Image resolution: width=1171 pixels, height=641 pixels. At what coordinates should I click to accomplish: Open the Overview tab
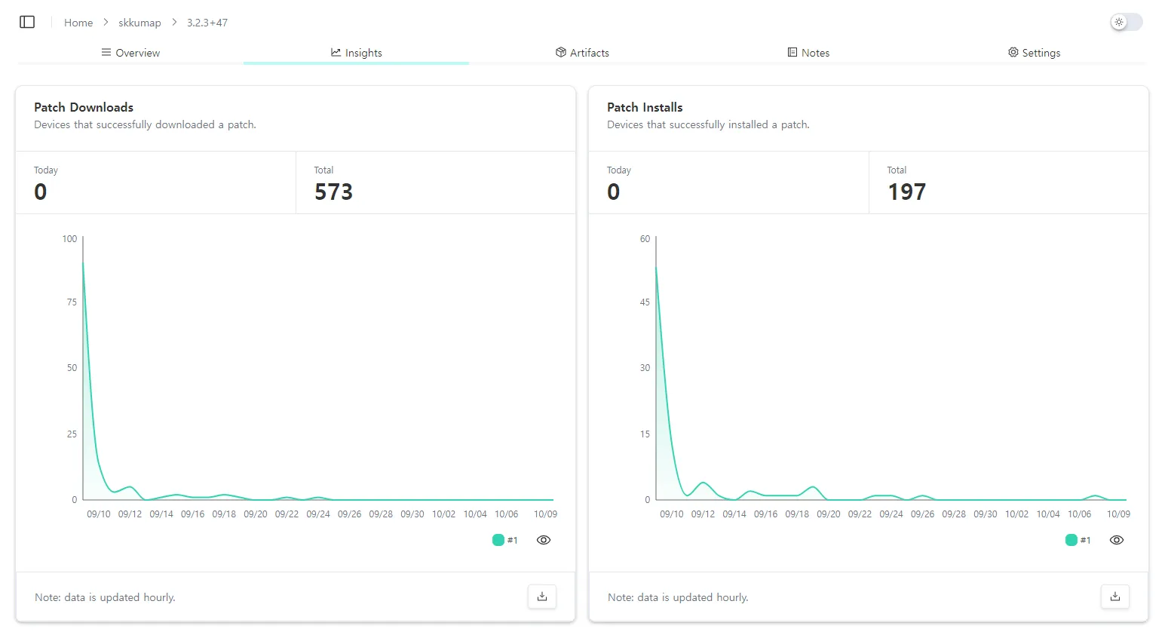[130, 53]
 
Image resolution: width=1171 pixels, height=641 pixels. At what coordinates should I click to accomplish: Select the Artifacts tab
[582, 53]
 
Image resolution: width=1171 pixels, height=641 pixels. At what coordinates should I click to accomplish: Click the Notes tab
[808, 53]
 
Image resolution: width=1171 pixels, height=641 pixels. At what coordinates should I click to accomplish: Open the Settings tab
[1034, 53]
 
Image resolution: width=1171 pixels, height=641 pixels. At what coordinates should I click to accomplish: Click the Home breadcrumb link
[78, 23]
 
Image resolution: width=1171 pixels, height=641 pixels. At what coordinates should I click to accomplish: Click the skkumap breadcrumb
[139, 23]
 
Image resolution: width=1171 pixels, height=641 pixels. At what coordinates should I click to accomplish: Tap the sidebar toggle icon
[27, 22]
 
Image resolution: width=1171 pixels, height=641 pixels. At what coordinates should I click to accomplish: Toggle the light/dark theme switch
[1127, 22]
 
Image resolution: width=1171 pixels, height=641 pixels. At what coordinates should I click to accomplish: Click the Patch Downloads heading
[84, 107]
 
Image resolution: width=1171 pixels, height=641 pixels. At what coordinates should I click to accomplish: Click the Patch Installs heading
[645, 107]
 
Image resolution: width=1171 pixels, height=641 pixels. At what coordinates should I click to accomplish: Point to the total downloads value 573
[333, 192]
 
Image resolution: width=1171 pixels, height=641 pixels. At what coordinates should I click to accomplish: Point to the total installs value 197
[906, 192]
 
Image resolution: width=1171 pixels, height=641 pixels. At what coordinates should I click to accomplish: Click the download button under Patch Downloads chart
[542, 597]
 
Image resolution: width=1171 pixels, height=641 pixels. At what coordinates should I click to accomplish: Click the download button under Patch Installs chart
[1115, 597]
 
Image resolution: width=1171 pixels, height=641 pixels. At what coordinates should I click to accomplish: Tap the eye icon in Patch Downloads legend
[544, 540]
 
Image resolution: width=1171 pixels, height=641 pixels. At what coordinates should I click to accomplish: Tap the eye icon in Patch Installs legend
[1117, 540]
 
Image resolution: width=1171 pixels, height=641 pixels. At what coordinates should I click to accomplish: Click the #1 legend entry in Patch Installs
[1078, 540]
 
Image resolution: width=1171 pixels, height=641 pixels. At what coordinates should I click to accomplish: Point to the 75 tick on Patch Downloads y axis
[72, 302]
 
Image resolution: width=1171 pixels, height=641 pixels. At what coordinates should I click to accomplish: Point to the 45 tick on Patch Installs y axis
[645, 302]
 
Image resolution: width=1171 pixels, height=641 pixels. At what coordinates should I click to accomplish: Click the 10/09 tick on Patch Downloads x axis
[545, 514]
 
